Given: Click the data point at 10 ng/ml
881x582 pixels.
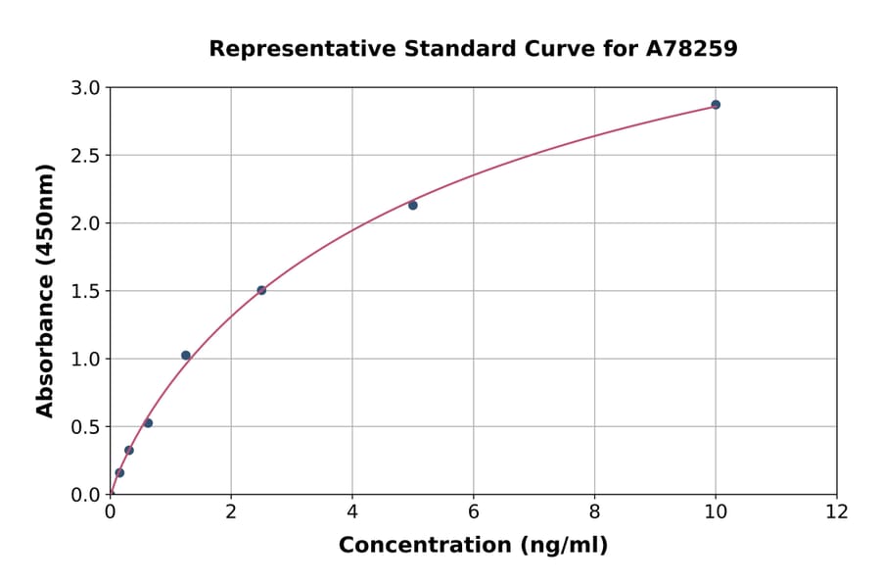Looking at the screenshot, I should pyautogui.click(x=716, y=105).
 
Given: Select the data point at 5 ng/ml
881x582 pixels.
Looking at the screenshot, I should pyautogui.click(x=413, y=205).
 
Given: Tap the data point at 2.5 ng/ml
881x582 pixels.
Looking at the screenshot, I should pyautogui.click(x=261, y=290).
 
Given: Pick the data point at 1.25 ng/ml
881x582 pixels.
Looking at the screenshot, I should pyautogui.click(x=186, y=356).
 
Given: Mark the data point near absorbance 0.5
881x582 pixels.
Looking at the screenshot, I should pyautogui.click(x=148, y=423).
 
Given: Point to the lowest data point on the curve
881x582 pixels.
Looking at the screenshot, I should pyautogui.click(x=119, y=472).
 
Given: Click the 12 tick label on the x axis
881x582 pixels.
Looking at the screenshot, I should pyautogui.click(x=837, y=511).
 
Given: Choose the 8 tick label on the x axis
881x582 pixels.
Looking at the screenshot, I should pyautogui.click(x=594, y=511).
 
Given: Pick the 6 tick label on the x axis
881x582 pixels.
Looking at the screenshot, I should pyautogui.click(x=473, y=511).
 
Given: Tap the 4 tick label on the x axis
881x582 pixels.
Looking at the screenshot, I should pyautogui.click(x=352, y=511).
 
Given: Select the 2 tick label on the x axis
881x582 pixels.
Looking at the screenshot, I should pyautogui.click(x=231, y=511).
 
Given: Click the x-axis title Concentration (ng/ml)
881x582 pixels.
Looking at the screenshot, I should pyautogui.click(x=473, y=545).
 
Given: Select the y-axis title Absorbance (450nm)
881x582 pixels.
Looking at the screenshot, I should pyautogui.click(x=45, y=290).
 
